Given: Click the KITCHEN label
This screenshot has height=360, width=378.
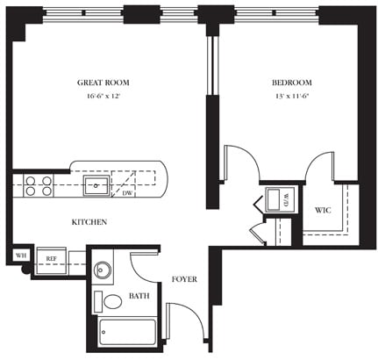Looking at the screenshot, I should pos(89,222).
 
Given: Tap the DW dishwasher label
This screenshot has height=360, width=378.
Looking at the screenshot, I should pos(127,193).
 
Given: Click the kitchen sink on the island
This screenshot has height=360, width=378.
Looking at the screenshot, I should pos(96,185).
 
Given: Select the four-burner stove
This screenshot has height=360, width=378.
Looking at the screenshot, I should pos(37,185).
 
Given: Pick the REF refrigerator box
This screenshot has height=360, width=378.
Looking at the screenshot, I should pos(52,259).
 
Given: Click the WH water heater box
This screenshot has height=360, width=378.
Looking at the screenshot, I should pos(19,256).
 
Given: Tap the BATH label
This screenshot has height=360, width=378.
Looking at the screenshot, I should pos(139,297).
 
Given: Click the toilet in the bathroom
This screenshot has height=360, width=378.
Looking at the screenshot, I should pos(112,302).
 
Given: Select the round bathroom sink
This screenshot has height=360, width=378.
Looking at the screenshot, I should pos(103,270).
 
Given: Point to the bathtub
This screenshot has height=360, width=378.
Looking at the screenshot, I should pos(127,333).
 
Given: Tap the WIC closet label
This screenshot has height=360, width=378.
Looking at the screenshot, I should pos(322,211).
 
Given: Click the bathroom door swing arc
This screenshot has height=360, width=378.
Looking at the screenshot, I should pos(144,266).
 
